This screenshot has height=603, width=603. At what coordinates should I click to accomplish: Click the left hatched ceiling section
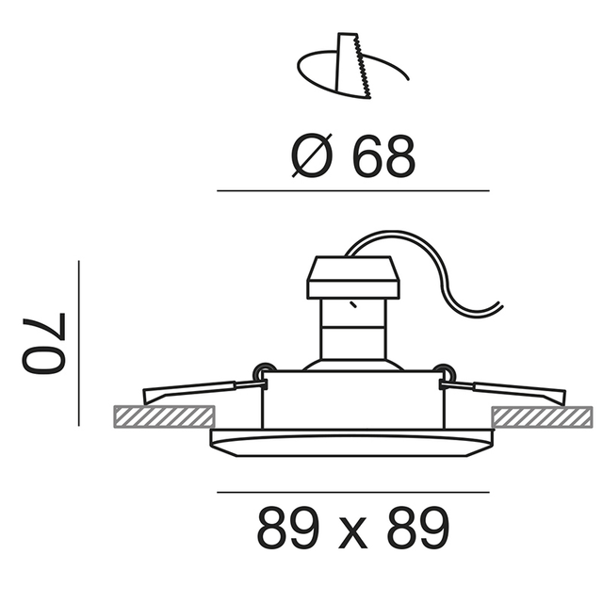[163, 415]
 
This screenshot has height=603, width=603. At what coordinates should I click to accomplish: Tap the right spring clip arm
[510, 388]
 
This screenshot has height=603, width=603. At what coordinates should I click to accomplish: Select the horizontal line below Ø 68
[353, 190]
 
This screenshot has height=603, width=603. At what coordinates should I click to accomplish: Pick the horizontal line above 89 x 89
[353, 492]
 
